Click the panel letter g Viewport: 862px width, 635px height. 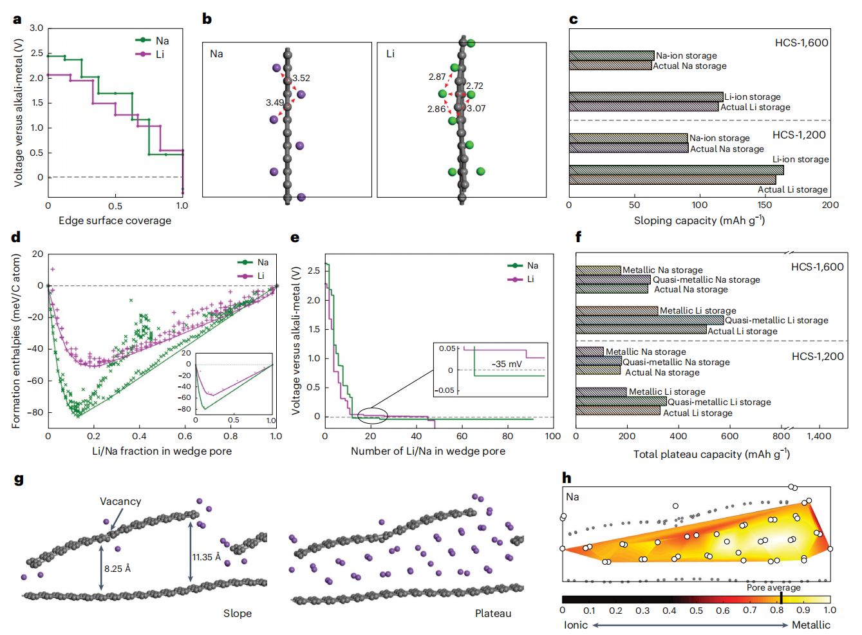(x=19, y=480)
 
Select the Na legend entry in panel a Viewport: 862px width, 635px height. (x=153, y=41)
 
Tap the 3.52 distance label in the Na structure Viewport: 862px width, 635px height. (x=301, y=78)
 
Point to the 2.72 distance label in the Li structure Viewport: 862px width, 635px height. (x=474, y=86)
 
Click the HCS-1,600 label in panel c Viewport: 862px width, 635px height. (x=801, y=43)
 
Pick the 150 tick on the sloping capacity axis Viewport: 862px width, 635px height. (x=764, y=205)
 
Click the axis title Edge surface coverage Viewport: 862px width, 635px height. (x=115, y=221)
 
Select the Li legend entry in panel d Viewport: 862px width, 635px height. (x=251, y=276)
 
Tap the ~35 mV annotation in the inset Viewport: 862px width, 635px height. (x=507, y=364)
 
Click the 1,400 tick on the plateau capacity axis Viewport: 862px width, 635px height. (x=819, y=436)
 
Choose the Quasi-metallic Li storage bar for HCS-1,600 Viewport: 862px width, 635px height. (x=650, y=320)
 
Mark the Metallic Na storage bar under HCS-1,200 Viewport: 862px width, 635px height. (x=590, y=351)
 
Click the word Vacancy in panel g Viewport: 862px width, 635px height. (x=120, y=502)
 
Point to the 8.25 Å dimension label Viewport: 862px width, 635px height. (x=117, y=569)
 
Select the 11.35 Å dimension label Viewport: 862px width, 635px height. (x=207, y=557)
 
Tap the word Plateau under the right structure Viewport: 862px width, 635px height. (x=493, y=614)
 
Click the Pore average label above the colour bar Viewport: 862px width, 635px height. (x=774, y=587)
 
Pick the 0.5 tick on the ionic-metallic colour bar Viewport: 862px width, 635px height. (x=696, y=611)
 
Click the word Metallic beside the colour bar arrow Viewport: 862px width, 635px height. (x=810, y=625)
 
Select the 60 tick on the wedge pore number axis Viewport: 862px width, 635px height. (x=462, y=436)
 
